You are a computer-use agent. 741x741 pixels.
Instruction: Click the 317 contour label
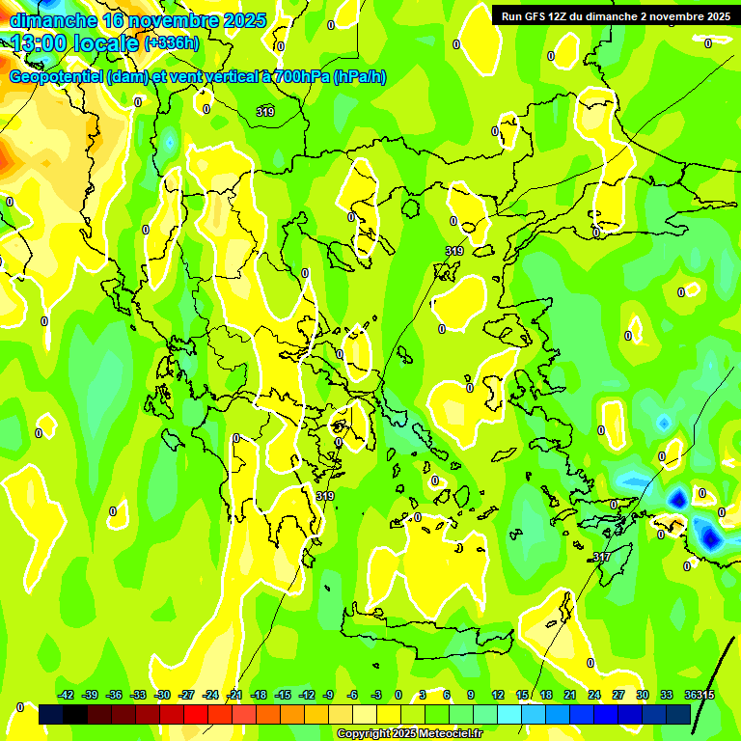[601, 557]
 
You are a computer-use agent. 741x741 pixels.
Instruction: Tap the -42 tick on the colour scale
[67, 695]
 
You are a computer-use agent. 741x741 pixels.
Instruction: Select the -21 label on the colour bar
[234, 695]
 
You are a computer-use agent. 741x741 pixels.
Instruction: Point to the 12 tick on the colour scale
[498, 695]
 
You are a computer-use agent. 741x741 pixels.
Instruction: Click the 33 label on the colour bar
[666, 695]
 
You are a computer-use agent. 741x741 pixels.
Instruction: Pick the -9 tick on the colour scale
[328, 695]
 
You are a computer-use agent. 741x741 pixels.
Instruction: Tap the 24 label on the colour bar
[594, 695]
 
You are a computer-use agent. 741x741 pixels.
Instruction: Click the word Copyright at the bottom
[363, 734]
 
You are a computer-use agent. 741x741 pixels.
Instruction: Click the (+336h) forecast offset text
[172, 43]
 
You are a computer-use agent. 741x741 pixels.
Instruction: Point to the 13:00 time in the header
[41, 43]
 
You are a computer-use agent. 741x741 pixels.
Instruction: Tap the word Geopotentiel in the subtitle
[55, 77]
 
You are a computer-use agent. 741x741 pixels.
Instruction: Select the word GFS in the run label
[542, 16]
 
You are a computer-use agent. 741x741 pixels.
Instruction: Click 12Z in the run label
[568, 16]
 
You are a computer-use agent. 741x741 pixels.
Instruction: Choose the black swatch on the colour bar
[51, 714]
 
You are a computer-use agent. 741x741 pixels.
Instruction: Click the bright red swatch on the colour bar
[196, 714]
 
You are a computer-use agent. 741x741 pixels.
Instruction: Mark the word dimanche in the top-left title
[53, 20]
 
